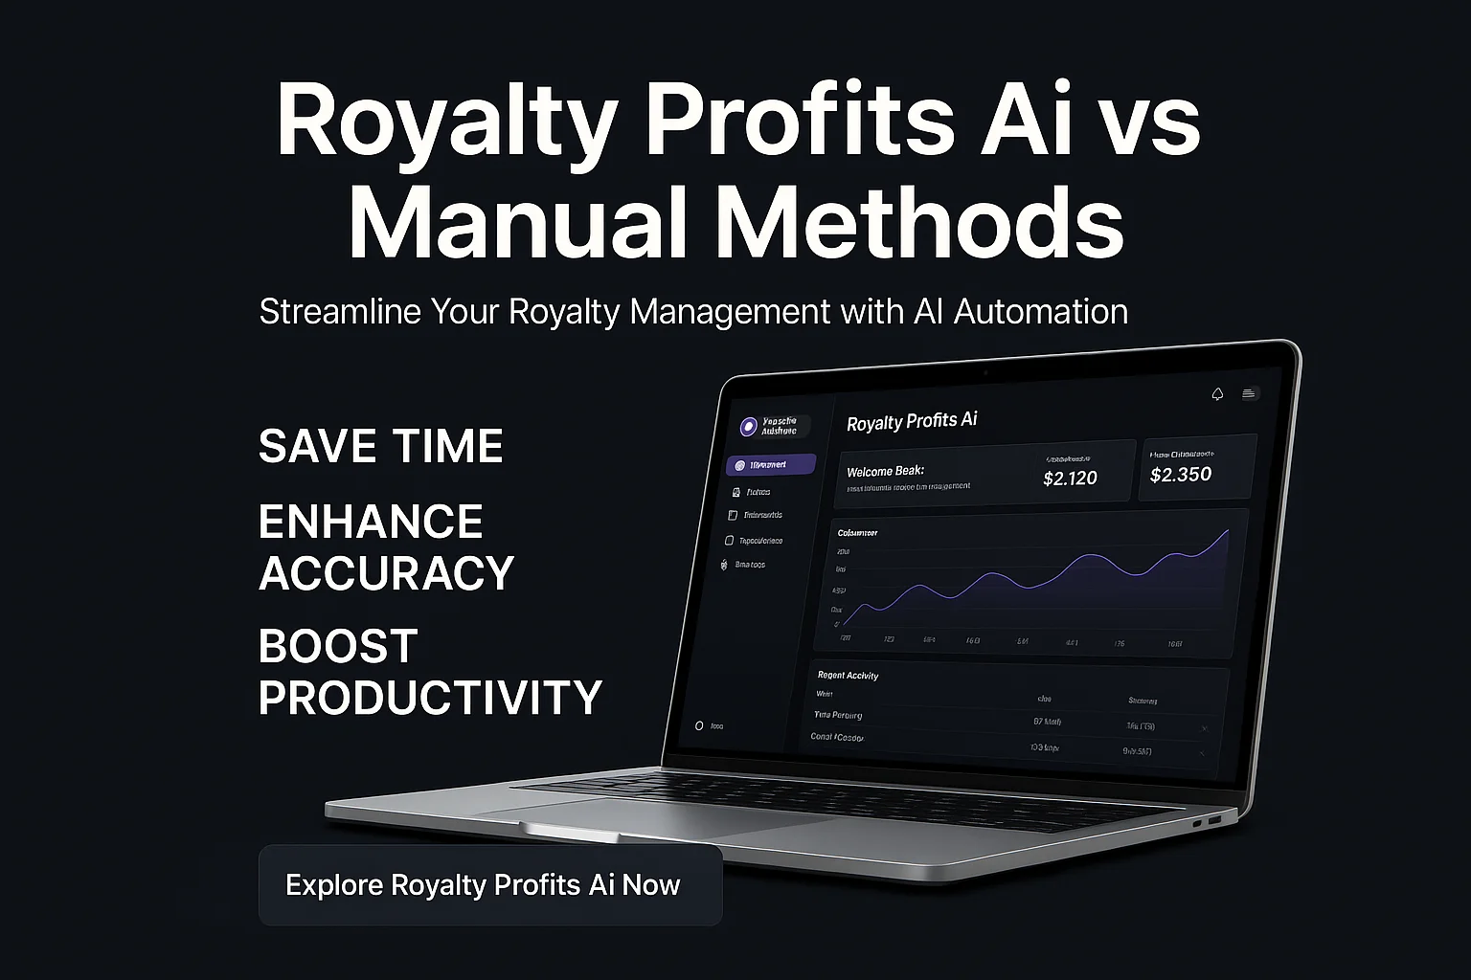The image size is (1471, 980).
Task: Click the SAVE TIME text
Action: [x=380, y=446]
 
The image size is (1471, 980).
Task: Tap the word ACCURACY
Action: [x=386, y=573]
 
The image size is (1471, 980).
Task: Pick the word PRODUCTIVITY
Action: [x=430, y=698]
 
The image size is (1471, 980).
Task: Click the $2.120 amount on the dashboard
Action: [x=1070, y=478]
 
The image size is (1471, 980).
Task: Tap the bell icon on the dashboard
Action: [x=1217, y=394]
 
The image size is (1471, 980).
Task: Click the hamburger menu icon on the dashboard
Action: [x=1249, y=393]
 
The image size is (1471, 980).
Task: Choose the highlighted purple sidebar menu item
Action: [x=771, y=465]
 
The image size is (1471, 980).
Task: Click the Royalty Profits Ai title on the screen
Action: [x=912, y=421]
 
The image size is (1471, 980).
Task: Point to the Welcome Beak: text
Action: [x=885, y=471]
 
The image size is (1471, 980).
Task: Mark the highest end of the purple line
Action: [x=1228, y=531]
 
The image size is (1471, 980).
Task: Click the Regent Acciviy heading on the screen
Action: [x=848, y=675]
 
